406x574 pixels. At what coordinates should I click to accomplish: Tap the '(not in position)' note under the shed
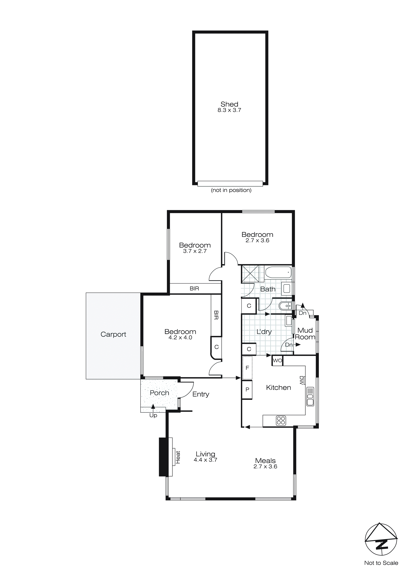click(x=231, y=190)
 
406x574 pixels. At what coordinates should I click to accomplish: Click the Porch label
click(x=159, y=393)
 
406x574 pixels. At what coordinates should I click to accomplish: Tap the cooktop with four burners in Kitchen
click(x=281, y=421)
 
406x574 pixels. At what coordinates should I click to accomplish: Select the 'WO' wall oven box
click(x=277, y=361)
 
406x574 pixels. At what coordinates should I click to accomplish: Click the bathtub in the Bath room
click(x=278, y=272)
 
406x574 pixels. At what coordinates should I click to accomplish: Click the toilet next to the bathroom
click(x=285, y=306)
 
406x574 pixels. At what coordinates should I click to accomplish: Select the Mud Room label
click(x=305, y=334)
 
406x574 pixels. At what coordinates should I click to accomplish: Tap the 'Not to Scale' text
click(x=381, y=563)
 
